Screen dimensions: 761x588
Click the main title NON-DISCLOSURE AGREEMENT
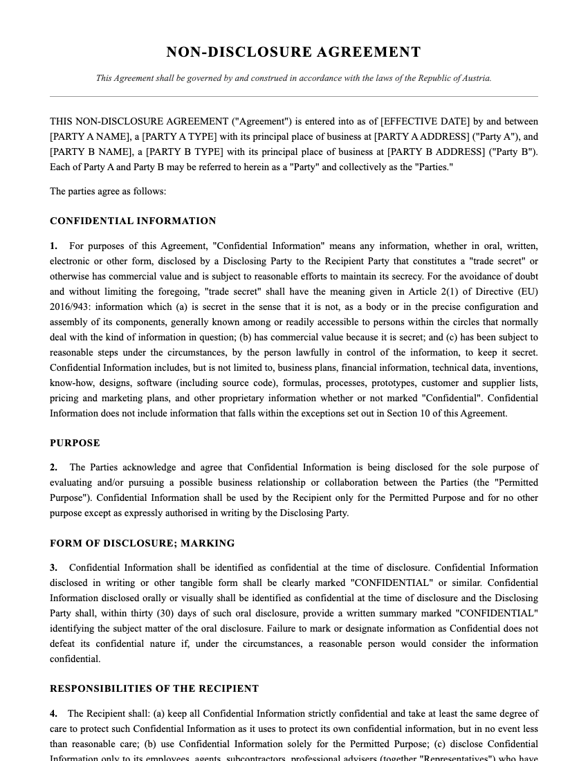pos(293,53)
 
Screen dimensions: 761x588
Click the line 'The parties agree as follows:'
pos(108,191)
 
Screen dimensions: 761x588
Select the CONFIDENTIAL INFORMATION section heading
pos(133,221)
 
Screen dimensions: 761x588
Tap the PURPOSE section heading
pos(75,443)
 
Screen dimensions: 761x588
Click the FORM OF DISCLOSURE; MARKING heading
pos(142,543)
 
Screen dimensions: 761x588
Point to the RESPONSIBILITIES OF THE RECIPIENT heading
pos(154,688)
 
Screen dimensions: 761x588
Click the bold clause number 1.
pos(53,246)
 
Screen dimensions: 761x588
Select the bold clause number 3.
pos(53,567)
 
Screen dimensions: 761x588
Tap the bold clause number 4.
pos(53,713)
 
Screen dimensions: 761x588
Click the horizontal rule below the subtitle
pos(293,96)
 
